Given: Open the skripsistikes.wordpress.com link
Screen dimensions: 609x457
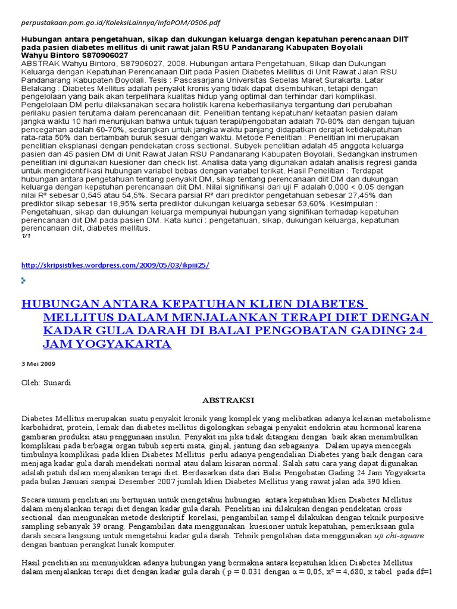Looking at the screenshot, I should click(115, 265).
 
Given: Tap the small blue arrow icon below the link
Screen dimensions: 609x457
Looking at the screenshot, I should click(24, 280).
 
